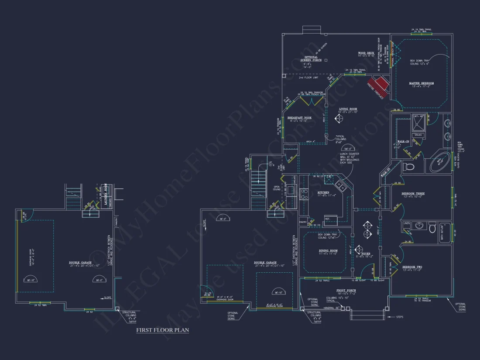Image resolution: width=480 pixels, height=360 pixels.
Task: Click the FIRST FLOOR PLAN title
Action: click(x=162, y=330)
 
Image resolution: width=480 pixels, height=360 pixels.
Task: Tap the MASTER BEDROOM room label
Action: click(x=421, y=83)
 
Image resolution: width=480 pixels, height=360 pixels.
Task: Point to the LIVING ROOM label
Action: click(x=348, y=109)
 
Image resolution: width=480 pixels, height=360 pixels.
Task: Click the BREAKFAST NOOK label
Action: click(x=299, y=118)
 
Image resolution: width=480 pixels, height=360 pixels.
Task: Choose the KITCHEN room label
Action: click(x=323, y=192)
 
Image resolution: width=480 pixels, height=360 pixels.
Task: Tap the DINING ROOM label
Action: click(x=328, y=250)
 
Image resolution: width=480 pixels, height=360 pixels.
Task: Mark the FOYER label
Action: click(x=365, y=253)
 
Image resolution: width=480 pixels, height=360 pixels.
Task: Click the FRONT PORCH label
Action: click(x=346, y=290)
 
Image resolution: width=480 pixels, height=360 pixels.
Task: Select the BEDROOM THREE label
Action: click(x=413, y=193)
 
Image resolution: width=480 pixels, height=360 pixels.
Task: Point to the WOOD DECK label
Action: click(x=367, y=53)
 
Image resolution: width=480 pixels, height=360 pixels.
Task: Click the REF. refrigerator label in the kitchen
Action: click(x=327, y=218)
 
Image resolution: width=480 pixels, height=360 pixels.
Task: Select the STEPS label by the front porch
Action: click(x=398, y=316)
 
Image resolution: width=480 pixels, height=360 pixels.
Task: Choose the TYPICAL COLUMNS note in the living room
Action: click(x=341, y=139)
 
